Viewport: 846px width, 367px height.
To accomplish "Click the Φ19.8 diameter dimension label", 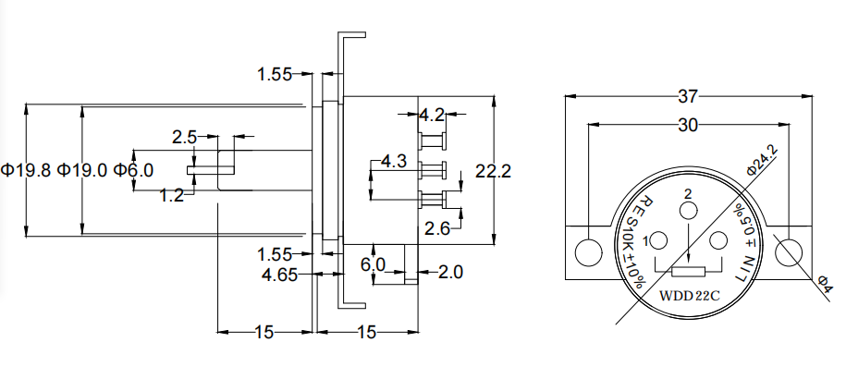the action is click(x=26, y=170).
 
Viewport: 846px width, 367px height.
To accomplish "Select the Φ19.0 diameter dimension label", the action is click(x=82, y=170).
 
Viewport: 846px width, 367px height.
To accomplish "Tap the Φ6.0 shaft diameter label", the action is click(x=133, y=170).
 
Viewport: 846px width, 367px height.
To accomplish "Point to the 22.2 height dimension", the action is click(x=493, y=170).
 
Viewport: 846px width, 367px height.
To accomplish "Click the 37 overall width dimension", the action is click(x=688, y=97).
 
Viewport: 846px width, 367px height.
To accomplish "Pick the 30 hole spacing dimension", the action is click(x=688, y=125).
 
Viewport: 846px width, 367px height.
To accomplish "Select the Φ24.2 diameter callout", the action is click(x=763, y=160).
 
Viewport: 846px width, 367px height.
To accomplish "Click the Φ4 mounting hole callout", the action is click(x=825, y=285).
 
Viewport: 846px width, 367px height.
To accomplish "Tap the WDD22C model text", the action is click(x=690, y=296).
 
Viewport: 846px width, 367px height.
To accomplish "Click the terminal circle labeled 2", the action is click(x=688, y=211).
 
